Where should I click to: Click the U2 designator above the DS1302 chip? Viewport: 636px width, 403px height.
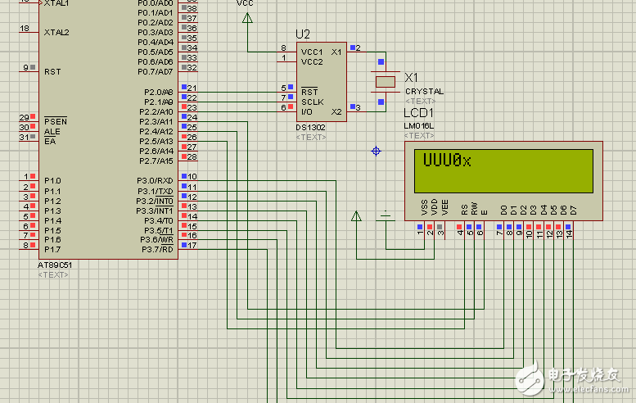[x=303, y=34]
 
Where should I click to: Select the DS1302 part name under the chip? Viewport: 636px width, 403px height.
[x=312, y=128]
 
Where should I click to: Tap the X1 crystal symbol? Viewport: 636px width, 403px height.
[x=385, y=81]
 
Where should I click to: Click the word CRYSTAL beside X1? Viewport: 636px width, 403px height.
[x=424, y=92]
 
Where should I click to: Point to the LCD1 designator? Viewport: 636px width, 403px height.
[x=419, y=112]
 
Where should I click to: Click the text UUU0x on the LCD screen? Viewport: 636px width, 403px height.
[x=447, y=161]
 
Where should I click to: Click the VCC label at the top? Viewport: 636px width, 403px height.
[x=245, y=4]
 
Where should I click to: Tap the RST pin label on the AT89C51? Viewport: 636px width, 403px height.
[x=52, y=71]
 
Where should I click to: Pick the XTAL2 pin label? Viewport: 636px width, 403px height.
[x=56, y=32]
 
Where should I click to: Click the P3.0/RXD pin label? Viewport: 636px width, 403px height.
[x=155, y=180]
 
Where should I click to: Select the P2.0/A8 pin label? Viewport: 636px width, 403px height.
[x=156, y=92]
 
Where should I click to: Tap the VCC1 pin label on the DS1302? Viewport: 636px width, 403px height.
[x=312, y=52]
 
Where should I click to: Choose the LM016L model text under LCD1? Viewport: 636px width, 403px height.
[x=419, y=125]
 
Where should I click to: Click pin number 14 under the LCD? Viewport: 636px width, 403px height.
[x=568, y=235]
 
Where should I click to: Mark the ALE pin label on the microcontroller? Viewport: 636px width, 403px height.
[x=52, y=131]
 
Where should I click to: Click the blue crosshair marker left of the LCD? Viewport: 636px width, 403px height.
[x=376, y=151]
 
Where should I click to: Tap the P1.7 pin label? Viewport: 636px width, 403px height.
[x=52, y=249]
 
